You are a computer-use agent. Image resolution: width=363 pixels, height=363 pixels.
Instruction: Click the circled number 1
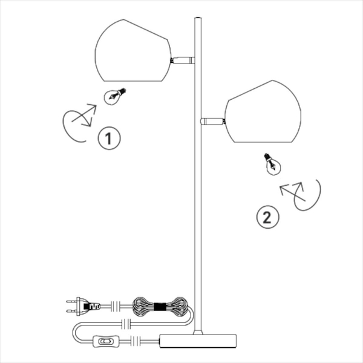(109, 138)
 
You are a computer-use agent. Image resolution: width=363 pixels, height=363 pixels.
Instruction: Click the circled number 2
(267, 217)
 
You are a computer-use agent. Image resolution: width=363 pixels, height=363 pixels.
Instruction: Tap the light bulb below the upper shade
(114, 96)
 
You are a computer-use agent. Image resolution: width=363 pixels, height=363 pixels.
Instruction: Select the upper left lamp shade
(133, 50)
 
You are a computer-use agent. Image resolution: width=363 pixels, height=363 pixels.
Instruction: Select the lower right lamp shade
(263, 111)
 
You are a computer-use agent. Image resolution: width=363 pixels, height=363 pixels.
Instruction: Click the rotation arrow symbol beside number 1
(79, 123)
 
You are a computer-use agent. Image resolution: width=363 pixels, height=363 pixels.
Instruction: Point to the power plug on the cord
(83, 307)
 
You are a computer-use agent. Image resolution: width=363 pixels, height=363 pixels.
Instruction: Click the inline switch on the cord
(106, 341)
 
